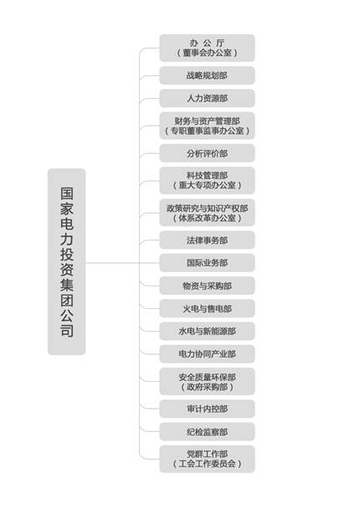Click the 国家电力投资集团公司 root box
click(67, 262)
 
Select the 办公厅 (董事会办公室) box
click(208, 48)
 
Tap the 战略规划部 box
click(208, 75)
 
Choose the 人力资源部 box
click(208, 98)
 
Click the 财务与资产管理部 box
click(208, 126)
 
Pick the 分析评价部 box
click(208, 153)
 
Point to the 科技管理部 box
click(208, 180)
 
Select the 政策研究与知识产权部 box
click(208, 213)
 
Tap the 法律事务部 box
click(208, 240)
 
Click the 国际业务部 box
click(208, 263)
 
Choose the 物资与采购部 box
click(208, 286)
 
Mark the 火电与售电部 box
click(208, 308)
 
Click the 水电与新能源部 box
click(208, 331)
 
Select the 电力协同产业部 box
click(208, 354)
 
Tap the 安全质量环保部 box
click(208, 381)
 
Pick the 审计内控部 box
click(208, 409)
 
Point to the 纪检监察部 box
click(208, 431)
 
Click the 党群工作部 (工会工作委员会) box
click(208, 459)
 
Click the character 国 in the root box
click(67, 193)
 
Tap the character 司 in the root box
click(67, 331)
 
